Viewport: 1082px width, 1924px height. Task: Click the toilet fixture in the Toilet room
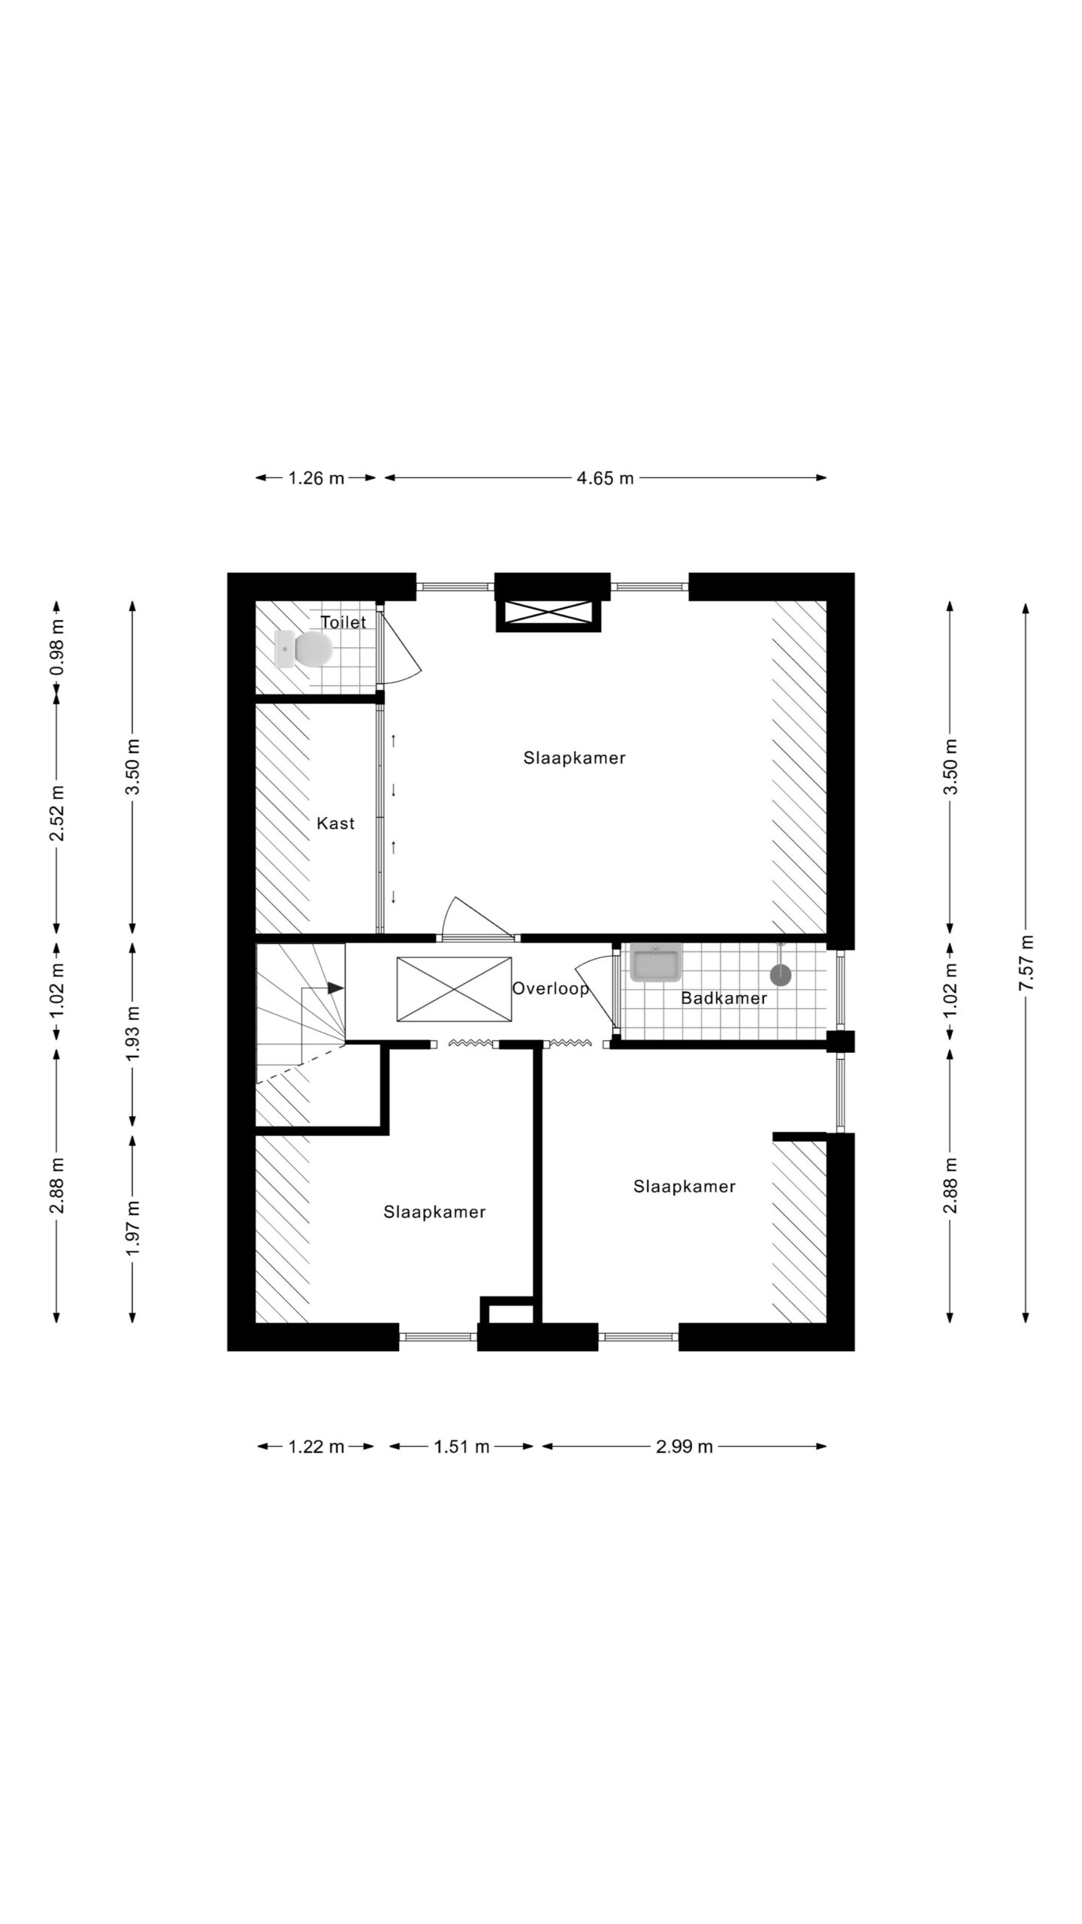coord(304,649)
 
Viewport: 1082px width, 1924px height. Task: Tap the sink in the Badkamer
coord(656,962)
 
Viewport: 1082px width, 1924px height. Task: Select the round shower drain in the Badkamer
coord(781,975)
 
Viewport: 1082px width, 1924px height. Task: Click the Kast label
coord(335,823)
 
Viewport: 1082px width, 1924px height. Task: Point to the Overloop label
coord(551,989)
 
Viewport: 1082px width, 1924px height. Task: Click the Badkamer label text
coord(724,998)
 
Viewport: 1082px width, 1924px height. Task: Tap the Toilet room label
coord(343,622)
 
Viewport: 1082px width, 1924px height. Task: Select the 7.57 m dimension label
coord(1026,963)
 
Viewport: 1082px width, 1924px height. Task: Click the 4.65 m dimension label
coord(606,478)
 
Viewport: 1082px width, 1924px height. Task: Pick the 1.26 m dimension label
coord(316,478)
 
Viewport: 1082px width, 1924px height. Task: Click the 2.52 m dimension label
coord(57,813)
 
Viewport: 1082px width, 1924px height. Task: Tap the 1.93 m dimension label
coord(133,1034)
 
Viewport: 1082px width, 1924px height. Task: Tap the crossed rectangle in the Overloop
coord(454,989)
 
